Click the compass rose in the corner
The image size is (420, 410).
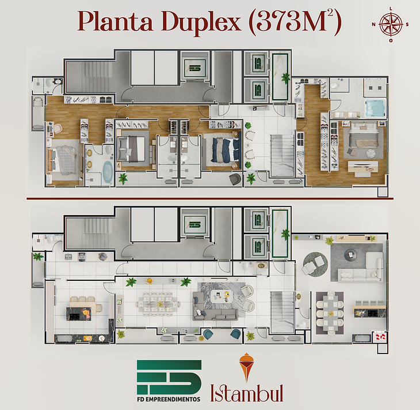pos(391,24)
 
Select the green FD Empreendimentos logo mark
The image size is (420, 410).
pos(169,377)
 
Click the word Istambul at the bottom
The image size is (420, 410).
pos(247,393)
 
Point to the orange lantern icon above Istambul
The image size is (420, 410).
pos(246,367)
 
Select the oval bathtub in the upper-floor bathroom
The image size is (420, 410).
pos(108,172)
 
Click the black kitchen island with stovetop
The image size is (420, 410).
pos(78,314)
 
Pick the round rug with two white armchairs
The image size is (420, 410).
pos(315,264)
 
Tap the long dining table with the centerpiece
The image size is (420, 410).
pos(159,304)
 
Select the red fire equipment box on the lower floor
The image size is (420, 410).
pos(380,337)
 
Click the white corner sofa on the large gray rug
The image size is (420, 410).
pos(362,269)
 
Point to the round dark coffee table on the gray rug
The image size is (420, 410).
pos(350,254)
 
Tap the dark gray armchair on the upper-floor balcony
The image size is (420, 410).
pos(235,179)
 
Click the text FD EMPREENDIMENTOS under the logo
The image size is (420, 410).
pos(169,399)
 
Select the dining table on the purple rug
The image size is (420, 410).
pos(330,313)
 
